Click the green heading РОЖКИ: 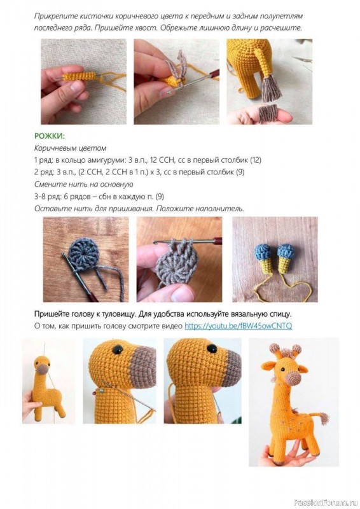coord(49,136)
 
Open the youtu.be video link coord(238,326)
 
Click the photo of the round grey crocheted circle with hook coord(85,259)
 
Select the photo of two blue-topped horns coord(274,259)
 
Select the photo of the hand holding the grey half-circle coord(179,259)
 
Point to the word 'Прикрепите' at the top coord(55,15)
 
